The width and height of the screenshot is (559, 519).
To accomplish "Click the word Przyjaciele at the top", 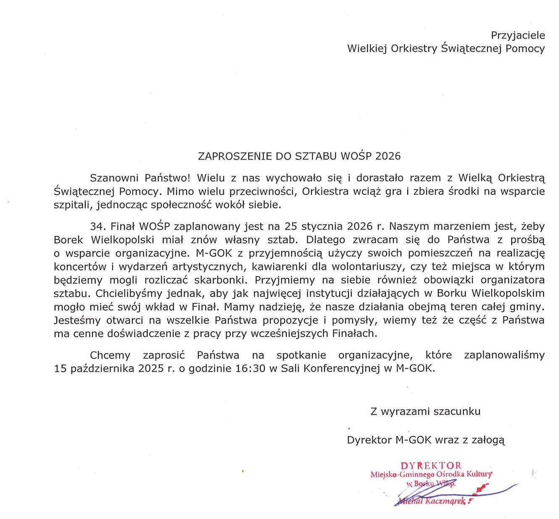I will tap(518, 35).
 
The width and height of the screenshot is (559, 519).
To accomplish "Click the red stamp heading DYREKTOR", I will tap(431, 465).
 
